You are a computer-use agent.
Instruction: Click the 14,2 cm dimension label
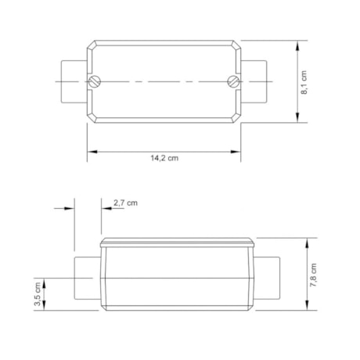pos(164,157)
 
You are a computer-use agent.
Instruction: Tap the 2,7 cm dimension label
pos(125,203)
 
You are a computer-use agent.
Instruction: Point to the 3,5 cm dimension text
pos(38,295)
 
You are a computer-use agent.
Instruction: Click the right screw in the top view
pos(231,81)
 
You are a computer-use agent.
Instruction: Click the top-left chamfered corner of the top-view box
pos(92,44)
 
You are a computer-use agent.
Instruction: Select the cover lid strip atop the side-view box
pos(178,241)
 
